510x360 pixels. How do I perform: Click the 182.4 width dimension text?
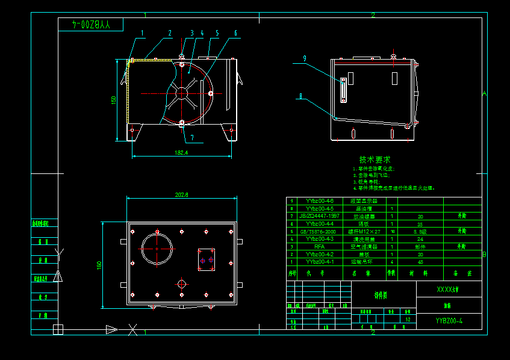[x=181, y=153]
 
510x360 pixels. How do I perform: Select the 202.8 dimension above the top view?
[x=181, y=194]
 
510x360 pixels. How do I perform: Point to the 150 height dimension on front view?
[x=113, y=100]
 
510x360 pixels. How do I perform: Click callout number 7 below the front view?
[x=192, y=137]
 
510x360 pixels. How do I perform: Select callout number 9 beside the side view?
[x=305, y=58]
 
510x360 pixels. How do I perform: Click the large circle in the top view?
[x=157, y=248]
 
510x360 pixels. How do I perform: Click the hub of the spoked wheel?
[x=181, y=93]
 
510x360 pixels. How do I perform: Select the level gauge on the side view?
[x=342, y=90]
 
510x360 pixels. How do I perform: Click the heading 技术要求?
[x=375, y=160]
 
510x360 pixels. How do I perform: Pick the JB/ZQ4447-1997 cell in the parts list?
[x=319, y=216]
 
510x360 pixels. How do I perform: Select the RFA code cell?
[x=319, y=246]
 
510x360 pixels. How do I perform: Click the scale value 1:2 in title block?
[x=409, y=320]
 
